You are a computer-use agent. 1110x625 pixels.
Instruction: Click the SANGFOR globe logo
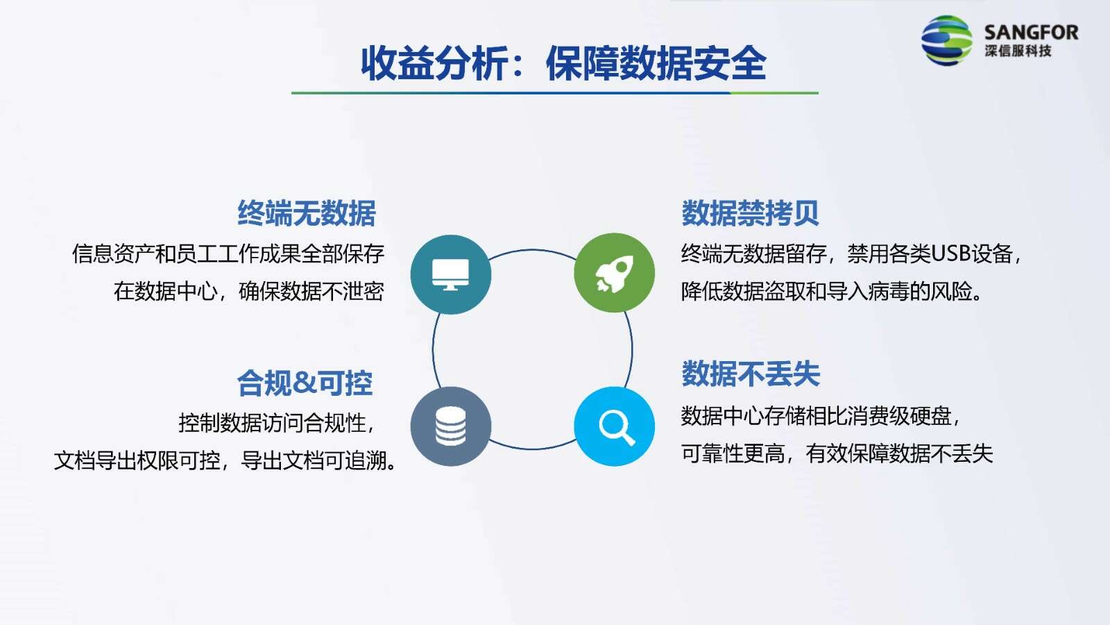click(946, 40)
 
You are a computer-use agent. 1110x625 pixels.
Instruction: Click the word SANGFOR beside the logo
click(1031, 33)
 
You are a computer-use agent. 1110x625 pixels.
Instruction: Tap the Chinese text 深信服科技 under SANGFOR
click(1018, 51)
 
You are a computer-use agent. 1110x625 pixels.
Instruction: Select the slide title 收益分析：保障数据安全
click(563, 63)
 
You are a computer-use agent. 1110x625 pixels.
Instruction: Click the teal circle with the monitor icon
click(451, 274)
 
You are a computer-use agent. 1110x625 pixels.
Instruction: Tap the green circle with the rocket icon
click(615, 273)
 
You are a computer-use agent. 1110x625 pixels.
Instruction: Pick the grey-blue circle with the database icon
click(451, 426)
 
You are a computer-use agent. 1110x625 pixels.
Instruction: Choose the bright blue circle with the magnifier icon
click(615, 426)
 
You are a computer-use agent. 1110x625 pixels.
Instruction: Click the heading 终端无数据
click(306, 213)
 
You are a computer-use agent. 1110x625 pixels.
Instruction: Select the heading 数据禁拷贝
click(750, 213)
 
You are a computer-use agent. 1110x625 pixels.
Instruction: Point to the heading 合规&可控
click(305, 383)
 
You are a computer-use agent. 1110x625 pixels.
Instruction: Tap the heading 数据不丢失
click(751, 374)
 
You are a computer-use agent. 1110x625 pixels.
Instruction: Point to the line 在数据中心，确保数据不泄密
click(249, 291)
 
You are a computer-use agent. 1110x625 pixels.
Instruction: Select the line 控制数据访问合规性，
click(277, 423)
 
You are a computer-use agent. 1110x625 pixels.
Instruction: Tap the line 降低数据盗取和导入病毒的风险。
click(831, 291)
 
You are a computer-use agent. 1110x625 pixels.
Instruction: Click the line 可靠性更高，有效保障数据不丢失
click(837, 453)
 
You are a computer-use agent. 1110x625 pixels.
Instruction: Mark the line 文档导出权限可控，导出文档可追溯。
click(225, 461)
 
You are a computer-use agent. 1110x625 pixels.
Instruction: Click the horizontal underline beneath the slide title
click(554, 93)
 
